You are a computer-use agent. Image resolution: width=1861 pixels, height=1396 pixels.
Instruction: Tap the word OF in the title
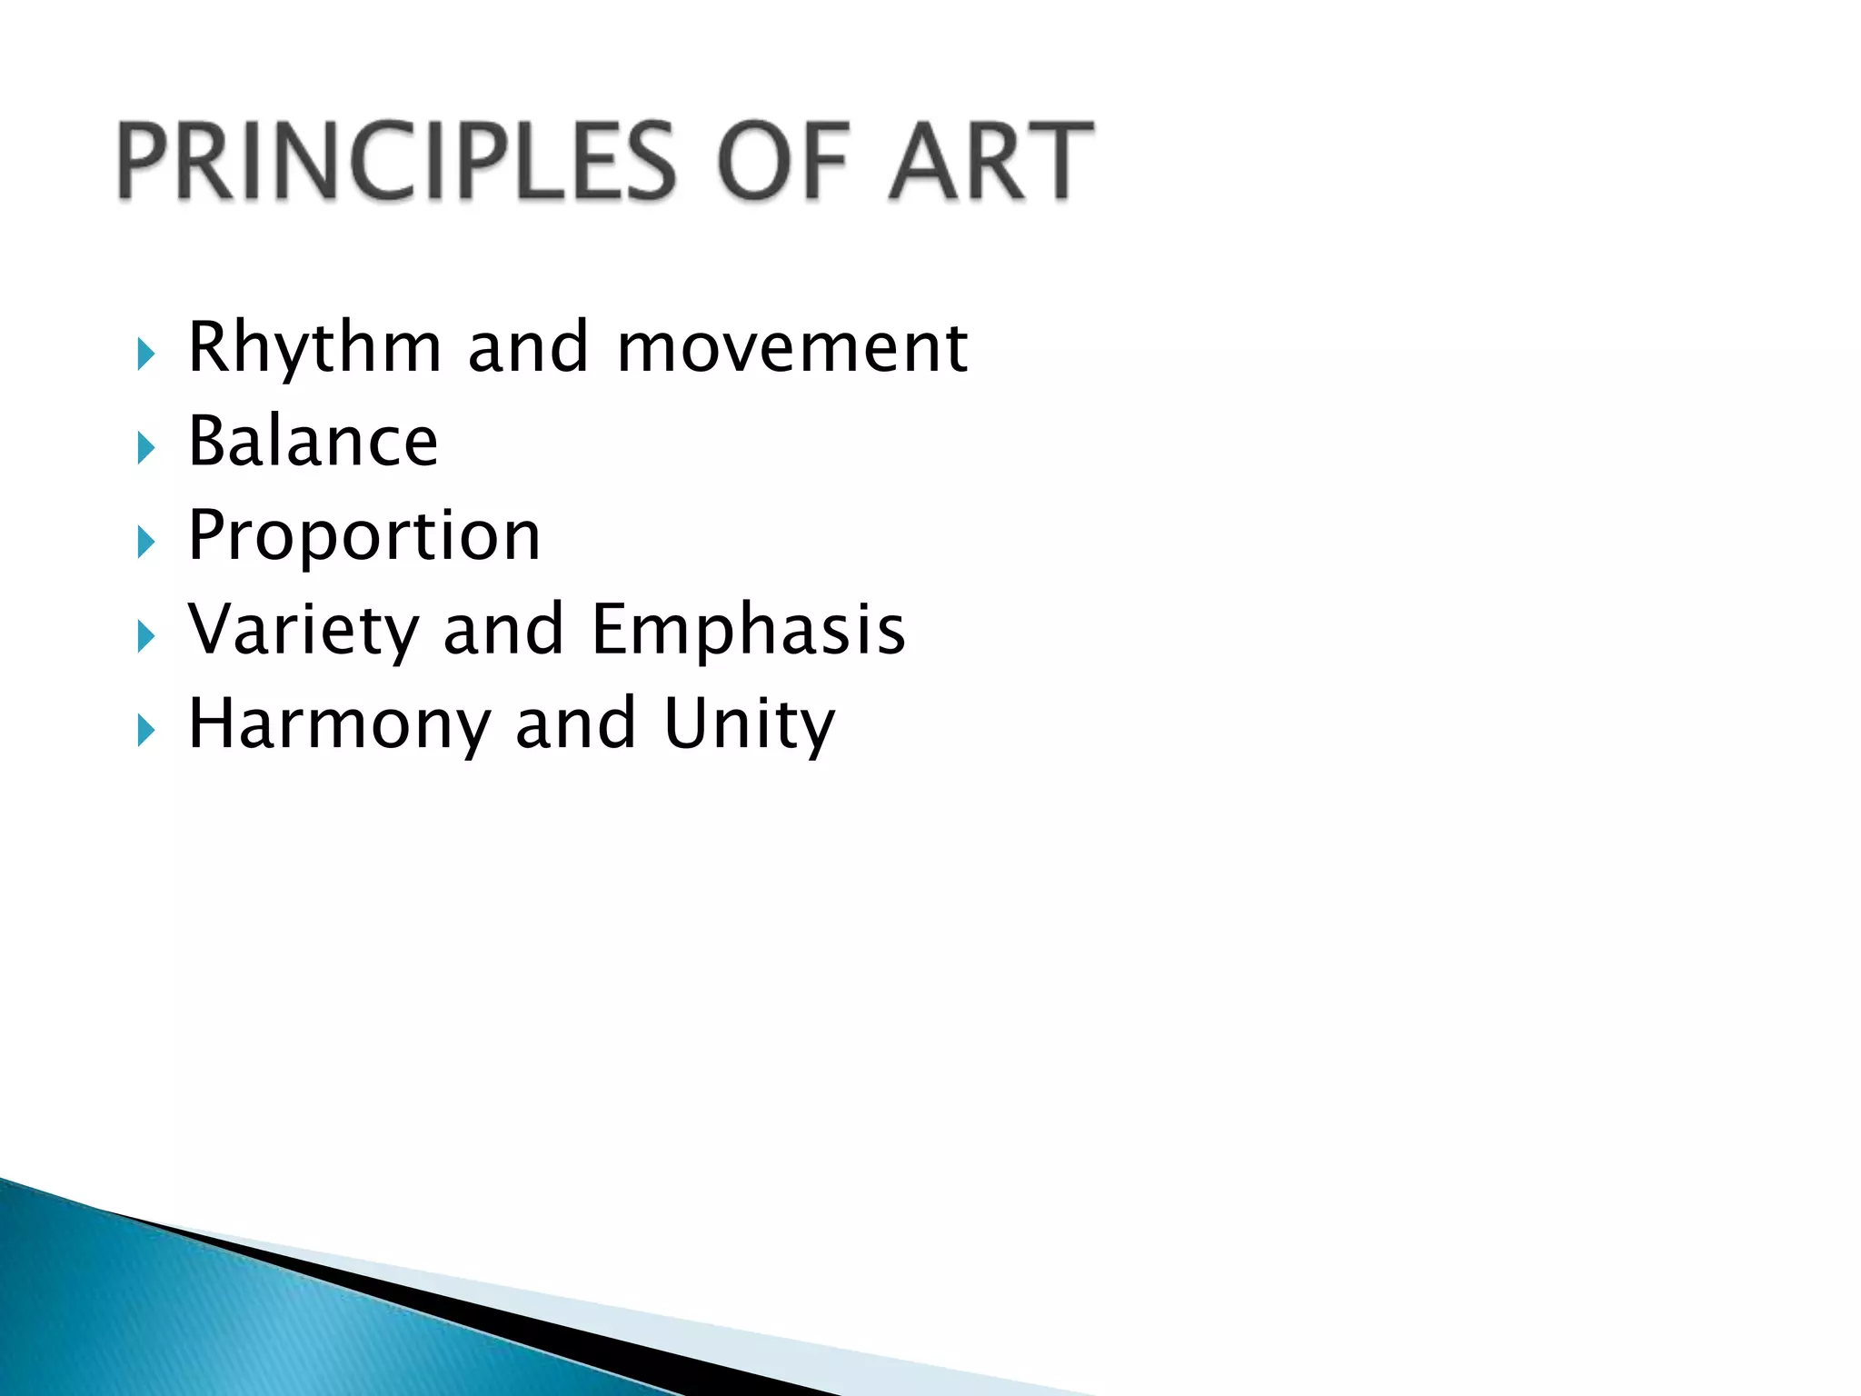pyautogui.click(x=783, y=162)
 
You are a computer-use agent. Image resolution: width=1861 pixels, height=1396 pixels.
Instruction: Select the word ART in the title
pyautogui.click(x=990, y=162)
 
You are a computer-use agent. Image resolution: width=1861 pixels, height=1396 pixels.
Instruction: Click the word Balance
pyautogui.click(x=313, y=442)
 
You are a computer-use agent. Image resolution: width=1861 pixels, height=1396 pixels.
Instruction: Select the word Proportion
pyautogui.click(x=364, y=536)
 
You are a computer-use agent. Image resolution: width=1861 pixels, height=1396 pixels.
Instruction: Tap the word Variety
pyautogui.click(x=303, y=630)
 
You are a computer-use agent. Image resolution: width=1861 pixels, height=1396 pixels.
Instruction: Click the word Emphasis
pyautogui.click(x=749, y=630)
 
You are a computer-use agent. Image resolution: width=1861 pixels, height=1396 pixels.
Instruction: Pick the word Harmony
pyautogui.click(x=339, y=724)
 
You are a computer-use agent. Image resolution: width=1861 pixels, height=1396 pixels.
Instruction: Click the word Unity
pyautogui.click(x=749, y=724)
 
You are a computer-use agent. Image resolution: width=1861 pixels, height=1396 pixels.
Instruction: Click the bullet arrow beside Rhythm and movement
pyautogui.click(x=146, y=354)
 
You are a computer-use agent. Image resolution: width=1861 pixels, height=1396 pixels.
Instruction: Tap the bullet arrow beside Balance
pyautogui.click(x=146, y=448)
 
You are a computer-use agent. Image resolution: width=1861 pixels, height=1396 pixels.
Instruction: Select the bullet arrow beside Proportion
pyautogui.click(x=146, y=543)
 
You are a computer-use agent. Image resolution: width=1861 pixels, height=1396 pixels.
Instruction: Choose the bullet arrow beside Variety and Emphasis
pyautogui.click(x=146, y=636)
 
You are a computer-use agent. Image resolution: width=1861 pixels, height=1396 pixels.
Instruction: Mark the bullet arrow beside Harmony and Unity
pyautogui.click(x=146, y=730)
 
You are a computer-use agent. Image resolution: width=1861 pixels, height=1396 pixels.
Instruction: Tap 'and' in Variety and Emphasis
pyautogui.click(x=503, y=630)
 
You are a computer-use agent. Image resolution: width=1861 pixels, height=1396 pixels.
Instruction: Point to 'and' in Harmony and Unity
pyautogui.click(x=575, y=724)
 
